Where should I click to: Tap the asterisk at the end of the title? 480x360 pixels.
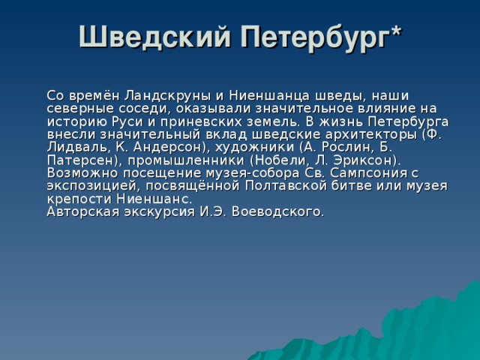[395, 31]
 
